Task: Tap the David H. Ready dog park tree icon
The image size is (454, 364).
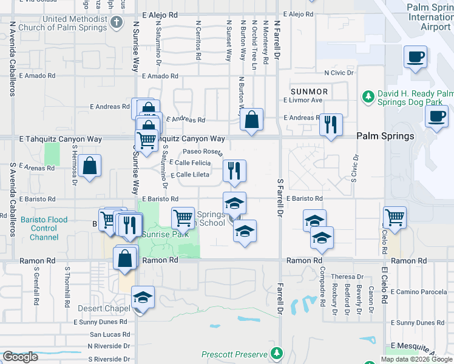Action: [x=367, y=96]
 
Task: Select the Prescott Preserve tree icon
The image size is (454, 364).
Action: [x=277, y=353]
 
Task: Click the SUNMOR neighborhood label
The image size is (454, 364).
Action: [x=309, y=92]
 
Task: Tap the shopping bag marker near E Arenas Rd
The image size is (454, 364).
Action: [x=89, y=166]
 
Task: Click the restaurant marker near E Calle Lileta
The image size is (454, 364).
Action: [x=234, y=170]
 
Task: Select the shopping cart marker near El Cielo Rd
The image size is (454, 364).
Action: [x=395, y=217]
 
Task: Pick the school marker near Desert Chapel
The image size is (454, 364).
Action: [x=143, y=297]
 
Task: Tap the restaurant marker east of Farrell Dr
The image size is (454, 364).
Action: [x=331, y=124]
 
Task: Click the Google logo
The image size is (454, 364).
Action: [x=20, y=357]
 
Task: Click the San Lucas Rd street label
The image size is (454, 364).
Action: [x=110, y=334]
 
